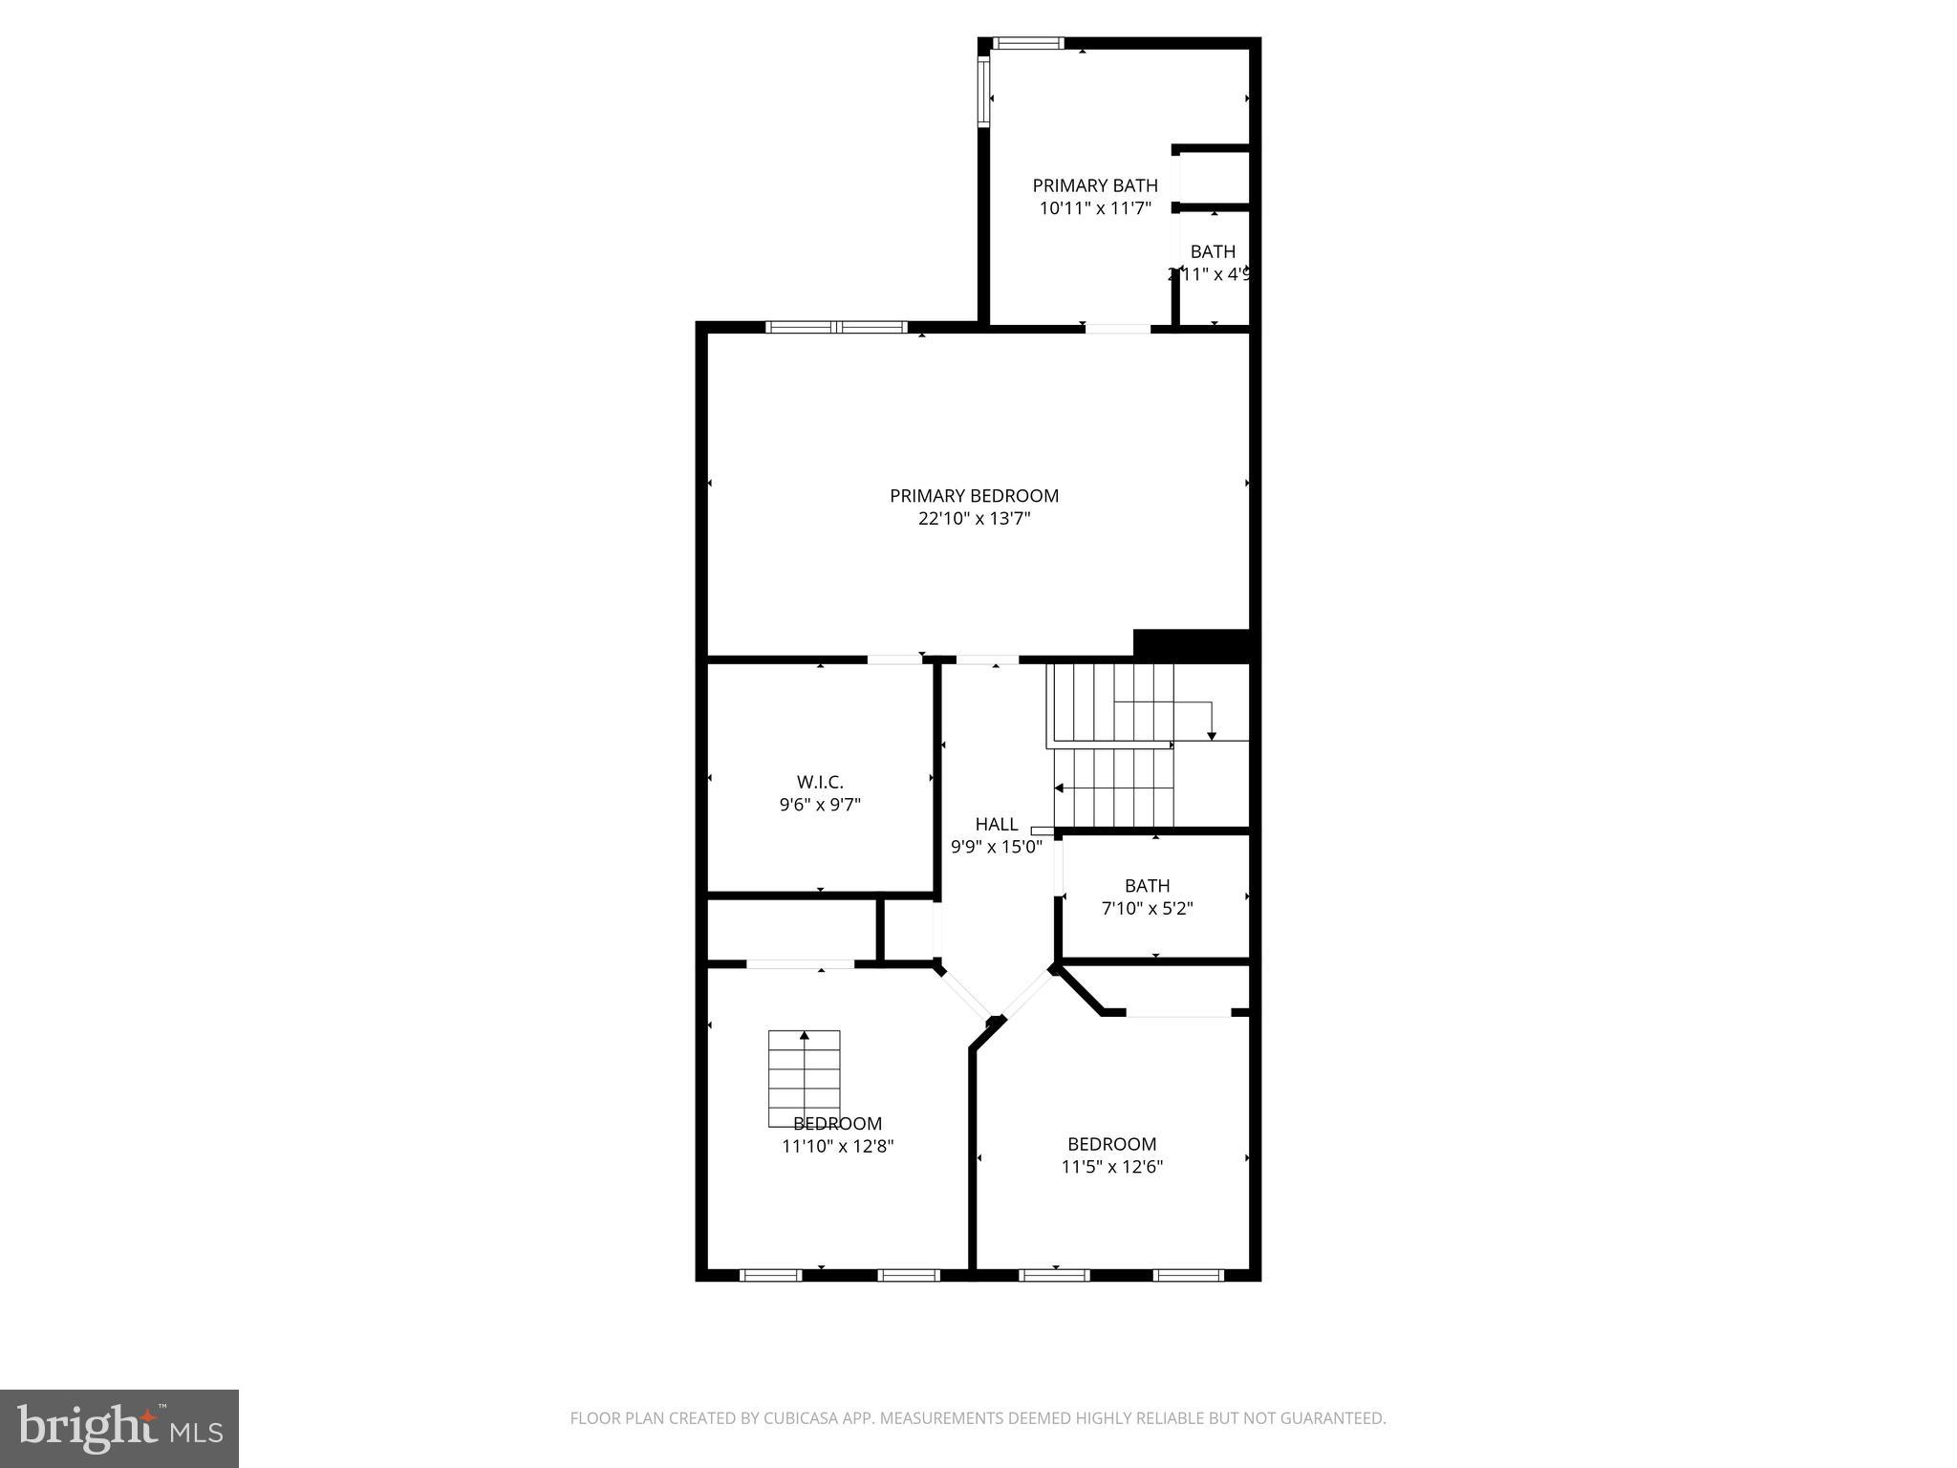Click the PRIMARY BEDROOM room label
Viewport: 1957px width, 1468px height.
(x=974, y=496)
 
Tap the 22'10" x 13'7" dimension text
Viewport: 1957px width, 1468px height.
(x=974, y=519)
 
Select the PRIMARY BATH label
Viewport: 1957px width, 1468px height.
(x=1095, y=185)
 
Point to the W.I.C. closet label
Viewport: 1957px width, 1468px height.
(x=820, y=782)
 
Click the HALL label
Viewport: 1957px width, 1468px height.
(x=997, y=824)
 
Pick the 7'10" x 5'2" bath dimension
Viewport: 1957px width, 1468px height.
(x=1147, y=908)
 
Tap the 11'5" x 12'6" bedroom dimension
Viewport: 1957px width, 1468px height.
(x=1111, y=1167)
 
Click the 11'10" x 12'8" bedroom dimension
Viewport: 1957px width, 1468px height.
(x=837, y=1146)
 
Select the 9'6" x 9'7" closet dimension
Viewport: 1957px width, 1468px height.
(x=820, y=805)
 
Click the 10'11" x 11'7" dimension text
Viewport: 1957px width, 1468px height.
(x=1095, y=207)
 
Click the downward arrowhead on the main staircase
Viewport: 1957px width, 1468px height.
(x=1212, y=735)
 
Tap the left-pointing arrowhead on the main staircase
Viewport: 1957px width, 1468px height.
(x=1059, y=788)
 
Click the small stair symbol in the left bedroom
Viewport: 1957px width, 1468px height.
(x=805, y=1077)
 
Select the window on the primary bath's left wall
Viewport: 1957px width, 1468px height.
(x=982, y=91)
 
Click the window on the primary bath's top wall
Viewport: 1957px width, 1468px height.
(x=1027, y=43)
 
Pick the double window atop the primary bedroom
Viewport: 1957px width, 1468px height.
(x=836, y=327)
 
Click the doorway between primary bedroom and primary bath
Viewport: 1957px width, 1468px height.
(x=1117, y=329)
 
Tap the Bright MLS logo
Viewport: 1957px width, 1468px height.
(x=119, y=1429)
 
